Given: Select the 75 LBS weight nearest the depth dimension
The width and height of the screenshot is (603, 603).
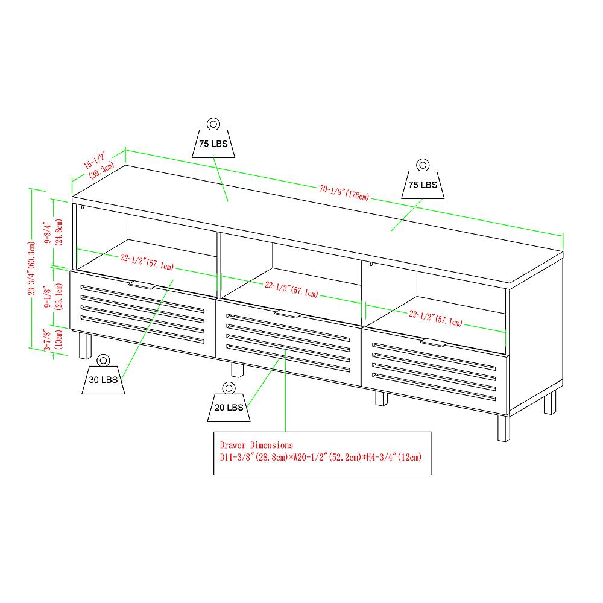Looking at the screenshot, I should [x=213, y=141].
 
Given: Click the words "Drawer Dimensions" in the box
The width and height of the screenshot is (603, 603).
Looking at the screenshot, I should [x=256, y=445].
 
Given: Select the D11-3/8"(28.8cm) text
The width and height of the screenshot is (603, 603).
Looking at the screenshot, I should [x=251, y=456].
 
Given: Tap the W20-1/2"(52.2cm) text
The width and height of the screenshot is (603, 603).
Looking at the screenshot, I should [x=321, y=456].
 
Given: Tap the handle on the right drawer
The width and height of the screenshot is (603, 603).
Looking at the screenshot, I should [x=434, y=343].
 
